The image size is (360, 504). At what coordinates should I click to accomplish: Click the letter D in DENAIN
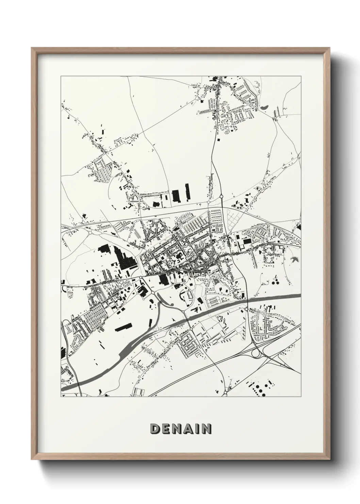click(155, 429)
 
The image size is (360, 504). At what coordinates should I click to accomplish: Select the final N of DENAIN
click(206, 429)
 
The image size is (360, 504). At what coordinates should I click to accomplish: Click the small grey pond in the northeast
click(264, 108)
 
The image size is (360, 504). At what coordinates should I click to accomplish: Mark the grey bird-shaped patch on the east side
click(294, 260)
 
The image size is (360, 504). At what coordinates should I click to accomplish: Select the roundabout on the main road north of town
click(221, 196)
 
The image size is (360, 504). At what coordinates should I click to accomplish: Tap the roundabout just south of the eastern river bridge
click(246, 309)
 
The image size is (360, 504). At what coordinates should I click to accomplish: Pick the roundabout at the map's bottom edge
click(225, 394)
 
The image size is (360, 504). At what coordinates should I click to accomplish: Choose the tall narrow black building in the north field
click(187, 192)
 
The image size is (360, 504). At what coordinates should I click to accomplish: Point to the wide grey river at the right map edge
click(293, 296)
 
